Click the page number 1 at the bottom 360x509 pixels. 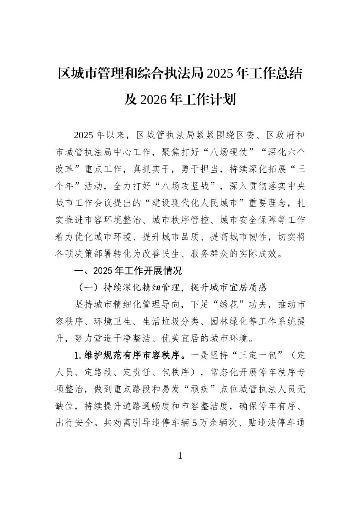180,456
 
